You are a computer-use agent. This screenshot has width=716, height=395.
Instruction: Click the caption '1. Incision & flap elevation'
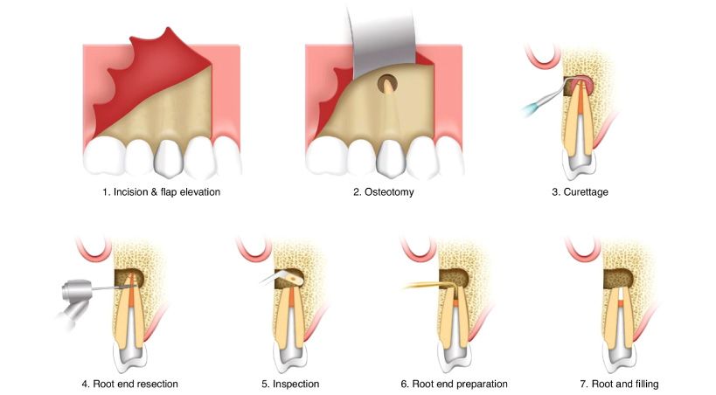tap(161, 191)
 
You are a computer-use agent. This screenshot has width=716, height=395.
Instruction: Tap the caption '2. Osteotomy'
tap(384, 191)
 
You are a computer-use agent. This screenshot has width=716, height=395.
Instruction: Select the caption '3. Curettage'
tap(580, 191)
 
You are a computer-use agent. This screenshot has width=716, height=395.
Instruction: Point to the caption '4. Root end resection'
tap(130, 384)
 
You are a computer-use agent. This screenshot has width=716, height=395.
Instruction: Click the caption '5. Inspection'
tap(290, 384)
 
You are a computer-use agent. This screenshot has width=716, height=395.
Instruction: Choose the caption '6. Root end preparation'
tap(455, 384)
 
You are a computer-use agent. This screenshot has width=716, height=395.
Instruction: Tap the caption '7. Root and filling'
tap(619, 384)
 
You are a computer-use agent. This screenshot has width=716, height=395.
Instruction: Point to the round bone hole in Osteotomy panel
tap(388, 84)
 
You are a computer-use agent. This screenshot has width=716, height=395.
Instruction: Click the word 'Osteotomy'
tap(390, 191)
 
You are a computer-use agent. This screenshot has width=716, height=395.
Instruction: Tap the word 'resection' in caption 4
tap(157, 384)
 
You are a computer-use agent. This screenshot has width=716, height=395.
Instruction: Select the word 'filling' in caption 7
tap(643, 384)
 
